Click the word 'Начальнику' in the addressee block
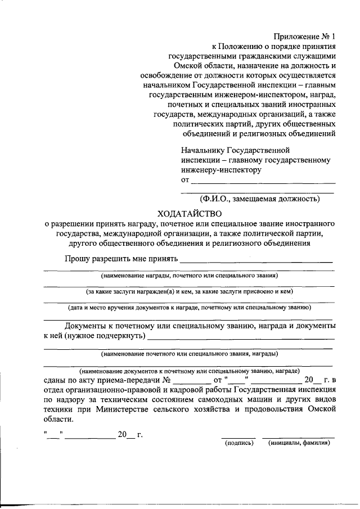(x=202, y=151)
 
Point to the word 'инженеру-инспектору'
(x=221, y=170)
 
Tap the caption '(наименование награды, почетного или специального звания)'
(x=190, y=276)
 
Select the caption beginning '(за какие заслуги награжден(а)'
(x=190, y=292)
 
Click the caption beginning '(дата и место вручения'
(x=190, y=308)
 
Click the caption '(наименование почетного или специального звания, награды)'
(x=190, y=354)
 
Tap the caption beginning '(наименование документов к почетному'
(x=190, y=371)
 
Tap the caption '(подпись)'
(x=238, y=443)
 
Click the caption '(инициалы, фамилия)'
(x=299, y=443)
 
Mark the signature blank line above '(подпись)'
(x=238, y=437)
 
